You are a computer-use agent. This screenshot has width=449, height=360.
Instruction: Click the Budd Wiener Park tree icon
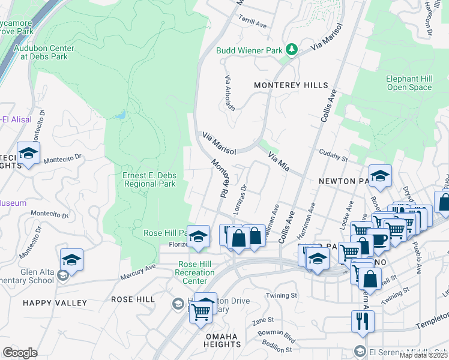[292, 49]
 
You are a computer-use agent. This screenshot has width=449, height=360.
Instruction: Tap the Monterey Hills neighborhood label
[291, 85]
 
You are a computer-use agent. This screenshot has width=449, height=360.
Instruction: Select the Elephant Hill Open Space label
[409, 83]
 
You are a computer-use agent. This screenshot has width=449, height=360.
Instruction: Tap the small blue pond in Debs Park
[121, 114]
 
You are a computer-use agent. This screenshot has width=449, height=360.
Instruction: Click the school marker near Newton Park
[379, 175]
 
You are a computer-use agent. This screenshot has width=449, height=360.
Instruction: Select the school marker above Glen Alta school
[71, 260]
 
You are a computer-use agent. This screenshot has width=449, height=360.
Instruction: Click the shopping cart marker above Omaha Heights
[200, 311]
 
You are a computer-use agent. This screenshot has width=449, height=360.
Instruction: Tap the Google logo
[20, 353]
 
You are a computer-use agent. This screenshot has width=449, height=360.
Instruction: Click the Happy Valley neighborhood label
[55, 303]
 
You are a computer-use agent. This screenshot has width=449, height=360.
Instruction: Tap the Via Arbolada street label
[229, 92]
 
